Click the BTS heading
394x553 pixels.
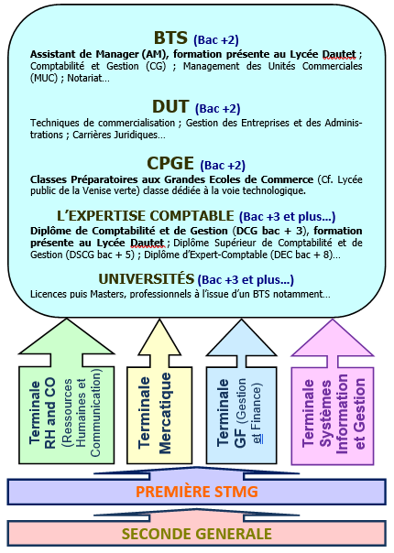tap(170, 38)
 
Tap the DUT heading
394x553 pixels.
tap(170, 106)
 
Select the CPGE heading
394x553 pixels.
tap(170, 163)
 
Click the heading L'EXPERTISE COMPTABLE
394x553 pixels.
tap(146, 216)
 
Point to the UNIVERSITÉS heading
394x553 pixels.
tap(147, 279)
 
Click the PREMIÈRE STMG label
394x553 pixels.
tap(197, 492)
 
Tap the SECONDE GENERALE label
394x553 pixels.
tap(197, 534)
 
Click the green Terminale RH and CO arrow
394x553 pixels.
tap(67, 392)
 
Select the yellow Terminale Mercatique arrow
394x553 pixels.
tap(159, 392)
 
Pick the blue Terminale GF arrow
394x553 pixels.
tap(242, 392)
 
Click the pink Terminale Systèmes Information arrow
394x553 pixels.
tap(333, 392)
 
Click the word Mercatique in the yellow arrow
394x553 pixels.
tap(165, 413)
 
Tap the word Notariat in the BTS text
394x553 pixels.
tap(88, 78)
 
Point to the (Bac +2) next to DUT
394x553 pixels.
tap(217, 108)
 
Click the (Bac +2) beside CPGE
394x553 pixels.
tap(223, 165)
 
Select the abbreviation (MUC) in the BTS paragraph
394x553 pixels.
tap(44, 78)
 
